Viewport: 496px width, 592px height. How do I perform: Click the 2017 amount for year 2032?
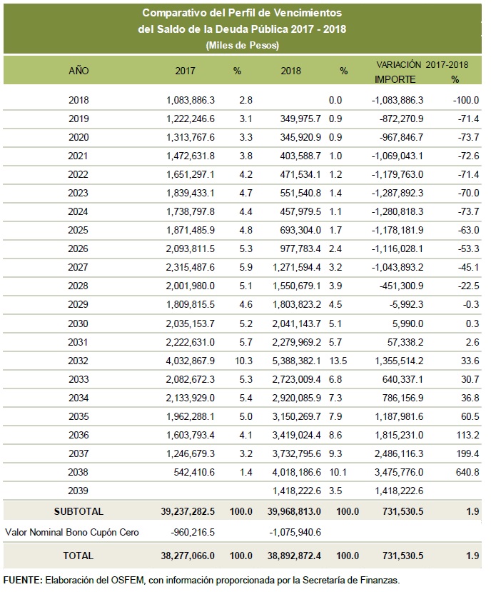point(190,361)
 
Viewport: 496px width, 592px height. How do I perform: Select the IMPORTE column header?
point(395,80)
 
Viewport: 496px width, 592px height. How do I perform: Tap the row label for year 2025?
point(79,231)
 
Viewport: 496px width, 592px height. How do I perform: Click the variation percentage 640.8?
point(467,472)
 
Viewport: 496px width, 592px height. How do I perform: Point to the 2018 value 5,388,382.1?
point(296,361)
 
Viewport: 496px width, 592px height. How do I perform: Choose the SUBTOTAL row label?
point(79,511)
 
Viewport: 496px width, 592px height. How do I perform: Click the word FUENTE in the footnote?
point(23,581)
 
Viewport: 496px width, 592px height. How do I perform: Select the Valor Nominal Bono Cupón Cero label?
point(72,533)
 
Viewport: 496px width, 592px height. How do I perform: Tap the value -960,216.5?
point(193,533)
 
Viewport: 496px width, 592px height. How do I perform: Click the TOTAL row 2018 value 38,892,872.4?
point(294,556)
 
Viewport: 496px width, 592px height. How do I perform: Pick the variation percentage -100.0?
point(466,101)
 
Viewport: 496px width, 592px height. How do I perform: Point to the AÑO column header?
point(79,71)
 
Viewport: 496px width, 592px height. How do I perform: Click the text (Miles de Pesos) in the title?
point(243,46)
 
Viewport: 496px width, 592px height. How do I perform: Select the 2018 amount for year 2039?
point(296,491)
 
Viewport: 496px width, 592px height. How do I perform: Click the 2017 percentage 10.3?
point(243,361)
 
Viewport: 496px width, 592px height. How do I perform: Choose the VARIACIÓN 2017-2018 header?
point(422,65)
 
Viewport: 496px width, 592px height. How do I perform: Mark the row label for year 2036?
point(79,436)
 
